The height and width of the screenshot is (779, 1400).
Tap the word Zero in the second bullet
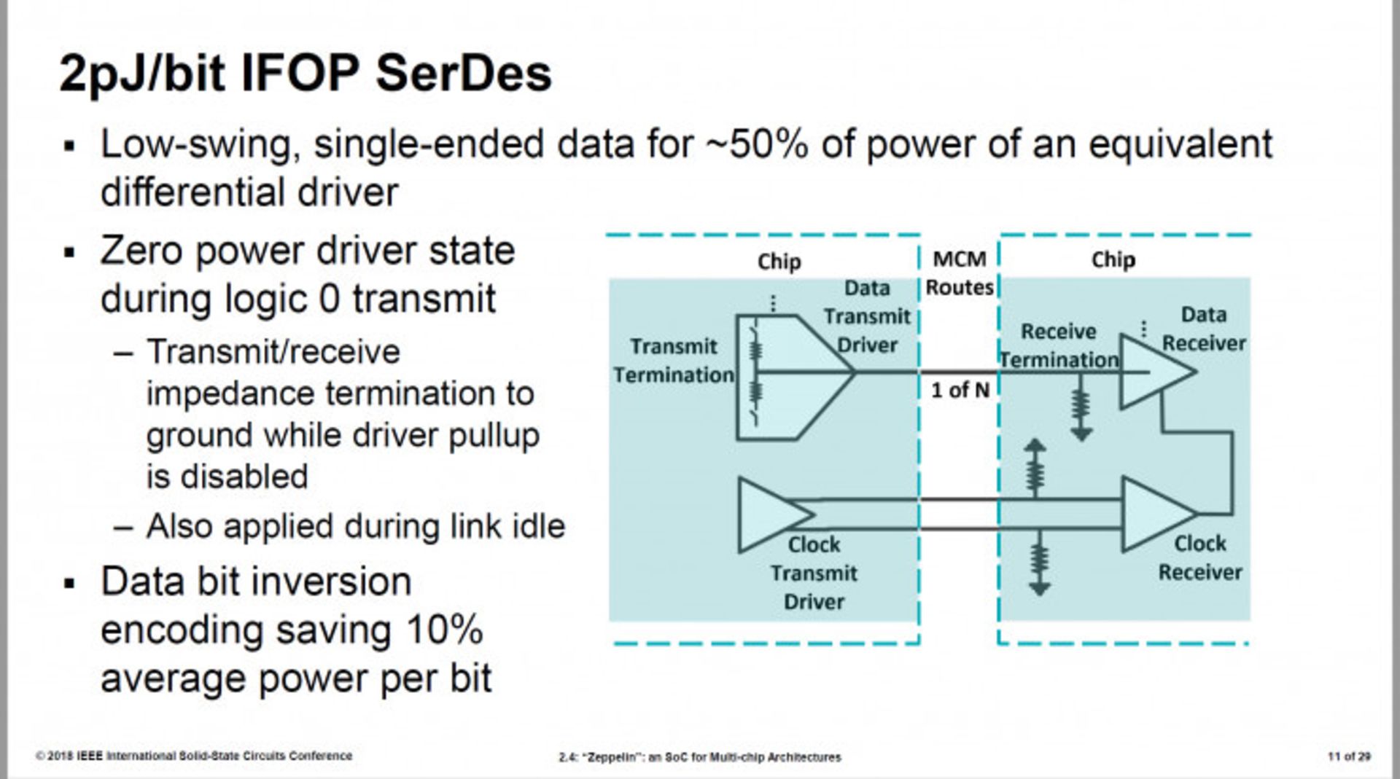click(141, 251)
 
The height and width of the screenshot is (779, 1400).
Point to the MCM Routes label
click(960, 273)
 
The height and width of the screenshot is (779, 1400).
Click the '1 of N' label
click(960, 391)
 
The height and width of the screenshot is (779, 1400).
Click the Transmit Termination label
click(674, 361)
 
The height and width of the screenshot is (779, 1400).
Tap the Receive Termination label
click(1059, 345)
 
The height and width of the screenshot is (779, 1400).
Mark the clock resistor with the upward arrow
click(1035, 470)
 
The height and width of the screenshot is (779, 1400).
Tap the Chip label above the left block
click(779, 261)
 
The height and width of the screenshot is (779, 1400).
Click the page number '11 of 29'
click(1349, 756)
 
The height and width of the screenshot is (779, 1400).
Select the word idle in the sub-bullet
click(539, 526)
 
